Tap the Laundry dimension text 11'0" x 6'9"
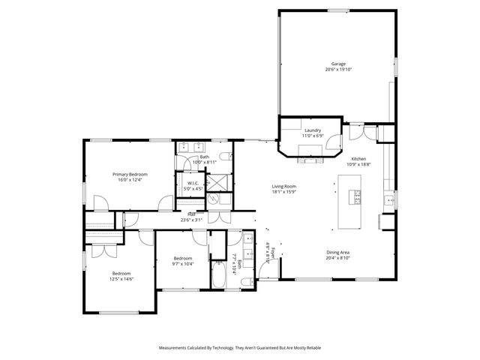312,136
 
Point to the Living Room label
284,186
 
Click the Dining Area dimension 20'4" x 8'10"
338,258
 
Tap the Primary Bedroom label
130,174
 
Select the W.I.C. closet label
193,182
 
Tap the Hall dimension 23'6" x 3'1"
191,220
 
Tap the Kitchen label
359,159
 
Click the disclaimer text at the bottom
239,348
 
